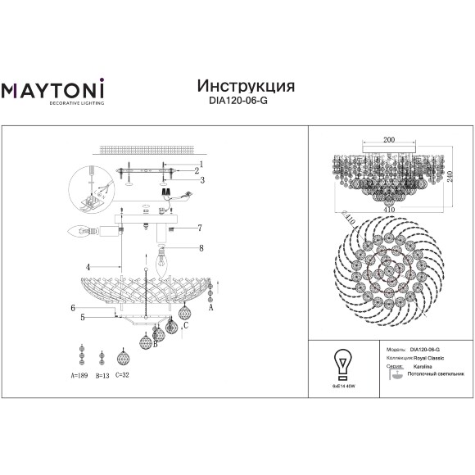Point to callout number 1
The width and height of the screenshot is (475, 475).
199,164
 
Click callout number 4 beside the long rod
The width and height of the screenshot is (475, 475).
85,267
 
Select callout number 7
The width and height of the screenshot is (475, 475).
199,227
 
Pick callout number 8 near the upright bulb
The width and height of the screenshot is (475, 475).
199,247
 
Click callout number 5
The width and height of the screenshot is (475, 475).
83,317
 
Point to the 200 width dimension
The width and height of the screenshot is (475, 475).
389,140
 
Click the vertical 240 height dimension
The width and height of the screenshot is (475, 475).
450,175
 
